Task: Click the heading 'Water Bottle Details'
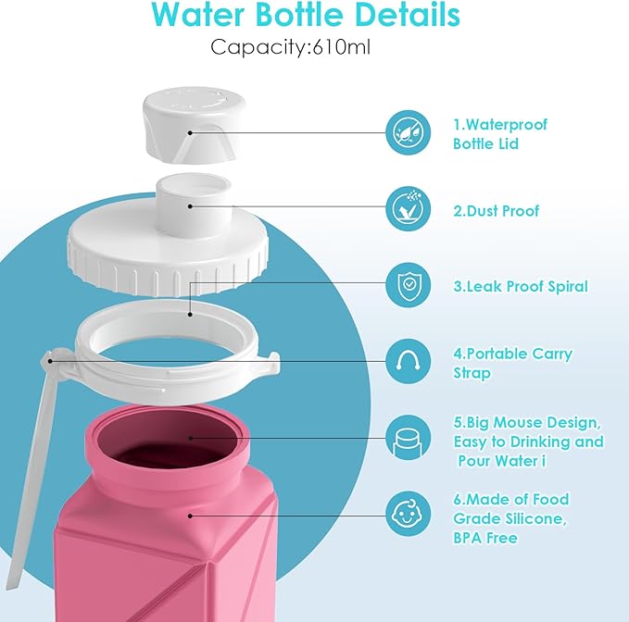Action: (306, 16)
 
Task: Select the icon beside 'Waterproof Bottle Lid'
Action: (409, 133)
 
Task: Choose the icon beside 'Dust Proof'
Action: (409, 209)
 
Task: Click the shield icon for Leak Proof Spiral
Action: (409, 286)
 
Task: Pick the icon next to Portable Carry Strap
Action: (409, 363)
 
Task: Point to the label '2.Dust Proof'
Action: (496, 211)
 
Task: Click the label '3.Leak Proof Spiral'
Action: (520, 286)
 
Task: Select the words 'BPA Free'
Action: (484, 538)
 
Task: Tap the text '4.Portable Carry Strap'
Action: (512, 363)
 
